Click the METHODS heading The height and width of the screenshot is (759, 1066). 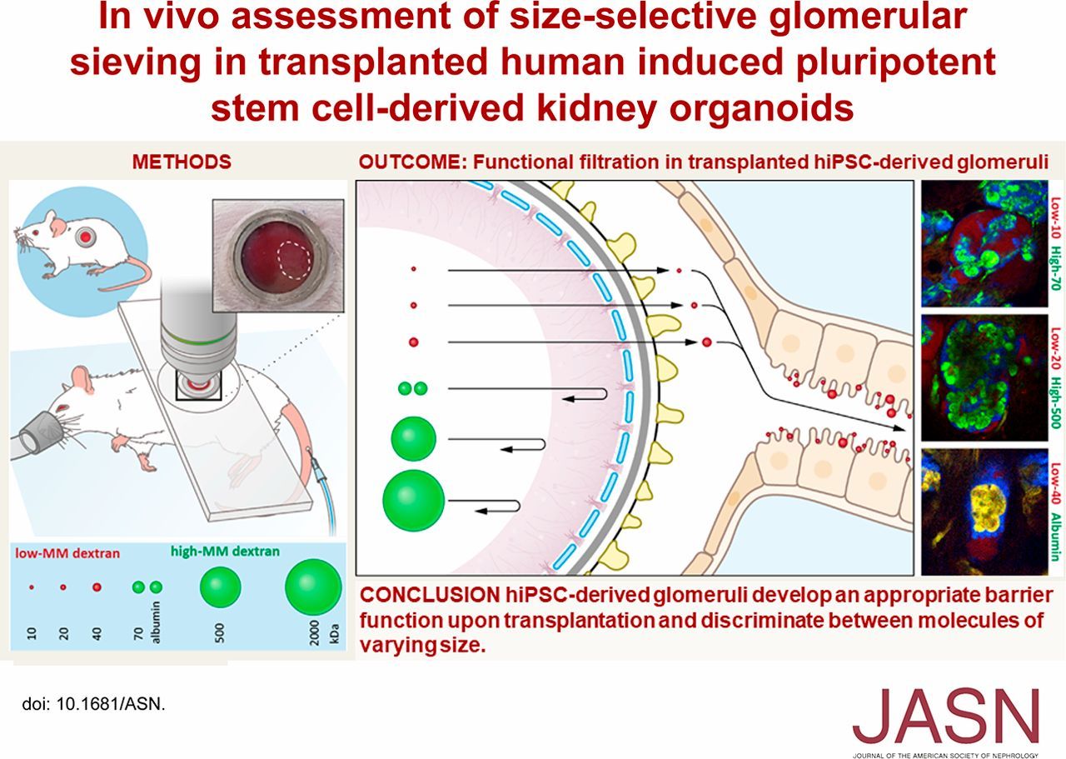[181, 162]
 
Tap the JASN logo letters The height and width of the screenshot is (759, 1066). [946, 718]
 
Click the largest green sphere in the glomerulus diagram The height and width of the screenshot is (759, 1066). [413, 500]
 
